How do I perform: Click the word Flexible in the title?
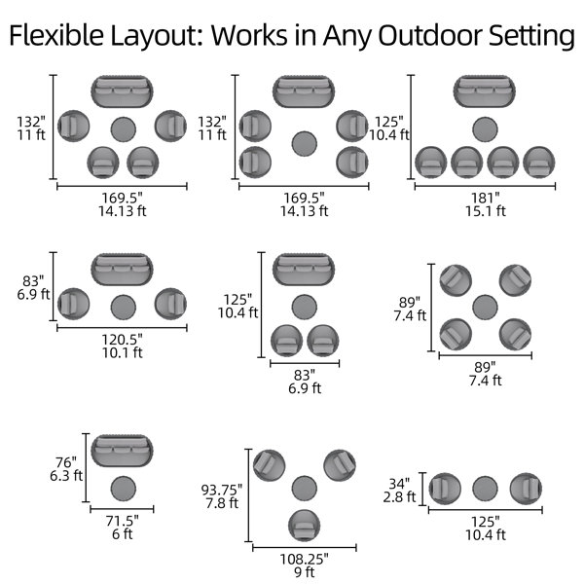coord(56,35)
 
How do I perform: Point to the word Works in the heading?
coord(249,35)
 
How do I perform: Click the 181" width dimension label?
coord(486,198)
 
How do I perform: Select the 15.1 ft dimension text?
coord(486,211)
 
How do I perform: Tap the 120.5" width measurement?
coord(123,339)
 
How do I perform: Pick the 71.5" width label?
coord(123,521)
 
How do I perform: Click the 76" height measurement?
coord(66,462)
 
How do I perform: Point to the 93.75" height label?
coord(222,490)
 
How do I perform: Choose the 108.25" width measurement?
coord(305,559)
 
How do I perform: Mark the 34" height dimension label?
coord(399,484)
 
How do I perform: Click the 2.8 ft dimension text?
coord(399,496)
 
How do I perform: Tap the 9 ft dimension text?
coord(305,572)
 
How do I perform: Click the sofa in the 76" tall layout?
coord(122,451)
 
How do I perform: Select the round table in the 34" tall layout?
coord(485,489)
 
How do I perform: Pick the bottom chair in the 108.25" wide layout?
coord(305,526)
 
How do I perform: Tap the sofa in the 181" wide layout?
coord(485,91)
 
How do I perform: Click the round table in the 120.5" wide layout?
coord(124,307)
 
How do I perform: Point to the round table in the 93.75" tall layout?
coord(305,489)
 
